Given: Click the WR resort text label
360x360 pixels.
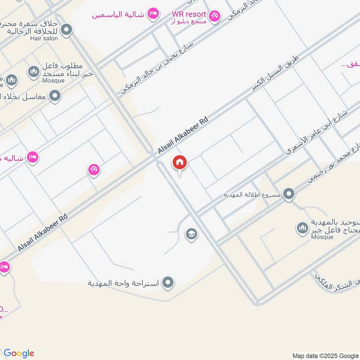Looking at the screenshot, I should [189, 13].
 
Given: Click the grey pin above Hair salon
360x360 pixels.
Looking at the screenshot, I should [67, 30].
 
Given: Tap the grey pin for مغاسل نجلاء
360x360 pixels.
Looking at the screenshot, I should [55, 95].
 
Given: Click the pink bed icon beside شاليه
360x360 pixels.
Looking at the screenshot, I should [32, 157].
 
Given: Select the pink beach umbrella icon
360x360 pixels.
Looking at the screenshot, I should [94, 170].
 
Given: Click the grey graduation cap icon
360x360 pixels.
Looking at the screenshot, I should [191, 234].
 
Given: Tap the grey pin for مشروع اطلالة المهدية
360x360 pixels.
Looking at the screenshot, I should [289, 194].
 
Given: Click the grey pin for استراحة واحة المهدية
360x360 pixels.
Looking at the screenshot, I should [168, 283].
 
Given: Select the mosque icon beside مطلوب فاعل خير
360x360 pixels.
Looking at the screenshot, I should [34, 71].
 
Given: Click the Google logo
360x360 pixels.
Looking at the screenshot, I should [19, 353].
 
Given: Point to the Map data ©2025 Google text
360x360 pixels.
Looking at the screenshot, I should [325, 355].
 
